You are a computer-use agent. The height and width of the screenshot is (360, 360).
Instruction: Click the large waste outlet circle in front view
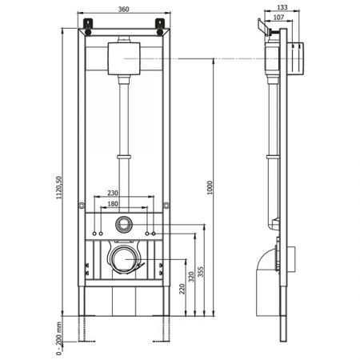pyautogui.click(x=124, y=258)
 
